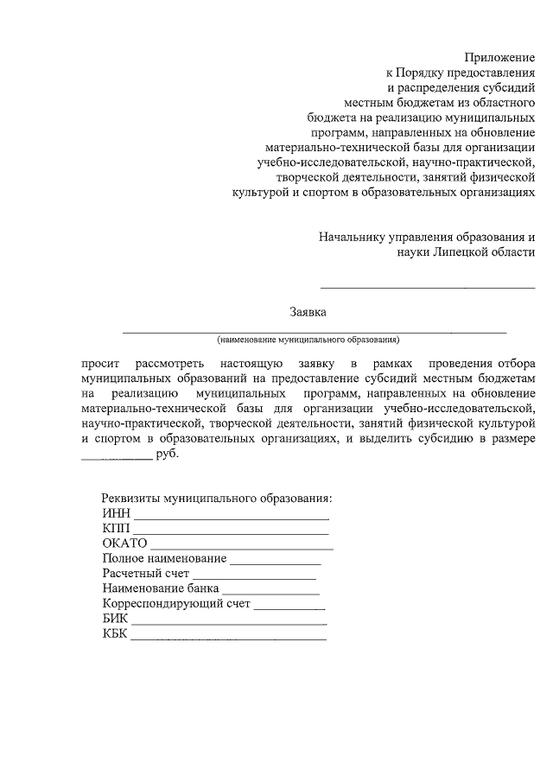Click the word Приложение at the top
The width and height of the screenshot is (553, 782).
coord(500,56)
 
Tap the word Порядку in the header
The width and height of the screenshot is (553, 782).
coord(426,72)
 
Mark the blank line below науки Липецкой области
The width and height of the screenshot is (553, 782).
coord(428,286)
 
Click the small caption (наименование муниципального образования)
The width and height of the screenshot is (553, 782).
coord(308,339)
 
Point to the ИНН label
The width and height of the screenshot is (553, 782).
coord(115,514)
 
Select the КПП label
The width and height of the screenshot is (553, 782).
coord(115,529)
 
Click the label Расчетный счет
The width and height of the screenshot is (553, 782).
coord(145,574)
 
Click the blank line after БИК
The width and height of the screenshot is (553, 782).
coord(229,621)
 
